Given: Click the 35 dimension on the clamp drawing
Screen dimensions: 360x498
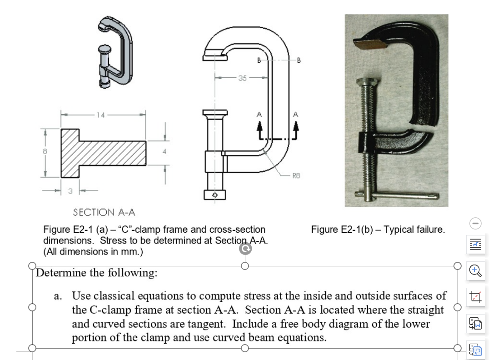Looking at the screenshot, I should pos(243,78).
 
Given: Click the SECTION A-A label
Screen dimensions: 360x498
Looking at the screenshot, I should pos(104,212).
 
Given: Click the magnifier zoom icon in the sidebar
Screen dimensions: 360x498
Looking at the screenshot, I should pos(475,271).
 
